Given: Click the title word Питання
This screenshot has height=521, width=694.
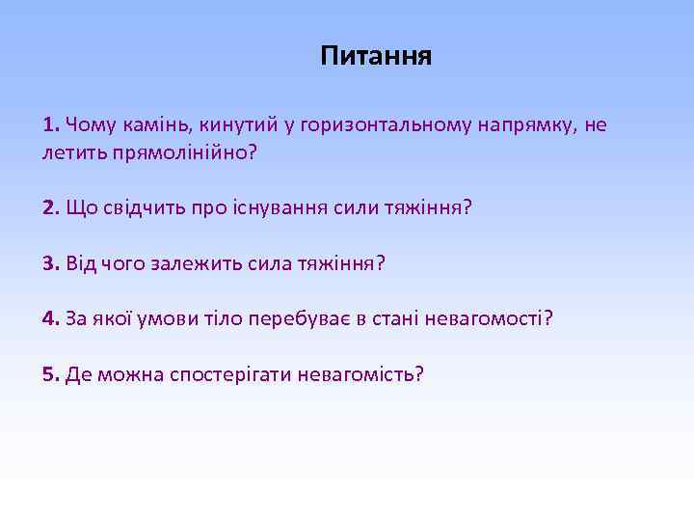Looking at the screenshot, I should pos(376,57).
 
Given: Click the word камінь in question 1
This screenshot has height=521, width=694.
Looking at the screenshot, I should pos(158,125).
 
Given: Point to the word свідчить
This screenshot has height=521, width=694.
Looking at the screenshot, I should pos(143,208).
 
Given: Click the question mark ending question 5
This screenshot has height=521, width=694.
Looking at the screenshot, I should pos(418,373).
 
